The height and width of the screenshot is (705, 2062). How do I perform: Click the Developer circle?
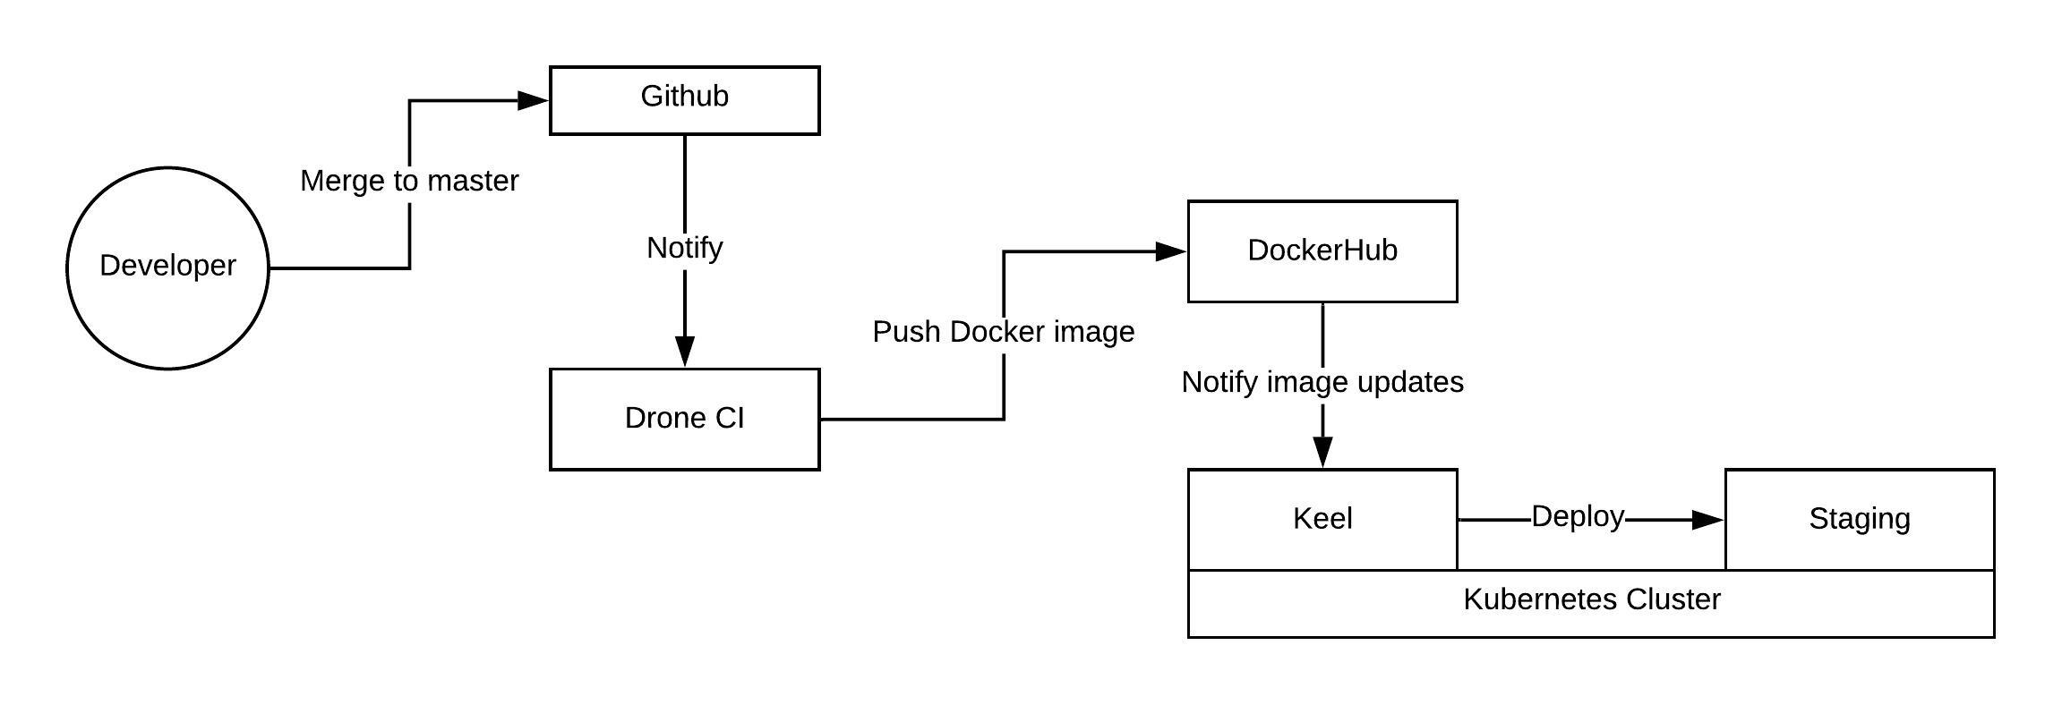[x=167, y=267]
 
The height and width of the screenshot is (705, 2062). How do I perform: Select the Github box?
[x=684, y=99]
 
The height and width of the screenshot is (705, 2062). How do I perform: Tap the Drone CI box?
[x=684, y=419]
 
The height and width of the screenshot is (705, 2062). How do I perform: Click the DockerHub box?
[x=1322, y=251]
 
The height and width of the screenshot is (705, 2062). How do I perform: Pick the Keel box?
[x=1322, y=519]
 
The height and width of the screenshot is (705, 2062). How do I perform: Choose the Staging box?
[x=1860, y=519]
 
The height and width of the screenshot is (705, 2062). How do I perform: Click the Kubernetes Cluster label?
[x=1591, y=599]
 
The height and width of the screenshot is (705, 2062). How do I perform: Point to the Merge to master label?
[x=409, y=182]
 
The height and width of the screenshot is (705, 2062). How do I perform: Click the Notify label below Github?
[x=684, y=248]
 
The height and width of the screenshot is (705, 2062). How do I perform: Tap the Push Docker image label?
[x=1003, y=332]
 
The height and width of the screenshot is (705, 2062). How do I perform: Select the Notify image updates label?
[x=1322, y=382]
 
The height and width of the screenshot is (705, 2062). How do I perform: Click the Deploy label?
[x=1578, y=517]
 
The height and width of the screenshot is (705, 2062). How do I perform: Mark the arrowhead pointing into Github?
[x=534, y=100]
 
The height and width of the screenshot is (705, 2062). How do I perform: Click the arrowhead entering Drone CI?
[x=684, y=351]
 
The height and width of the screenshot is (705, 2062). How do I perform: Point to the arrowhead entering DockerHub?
[x=1171, y=251]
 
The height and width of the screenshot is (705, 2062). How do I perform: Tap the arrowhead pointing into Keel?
[x=1322, y=452]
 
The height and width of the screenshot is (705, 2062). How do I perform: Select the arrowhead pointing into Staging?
[x=1708, y=519]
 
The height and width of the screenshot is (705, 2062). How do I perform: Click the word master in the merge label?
[x=474, y=182]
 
